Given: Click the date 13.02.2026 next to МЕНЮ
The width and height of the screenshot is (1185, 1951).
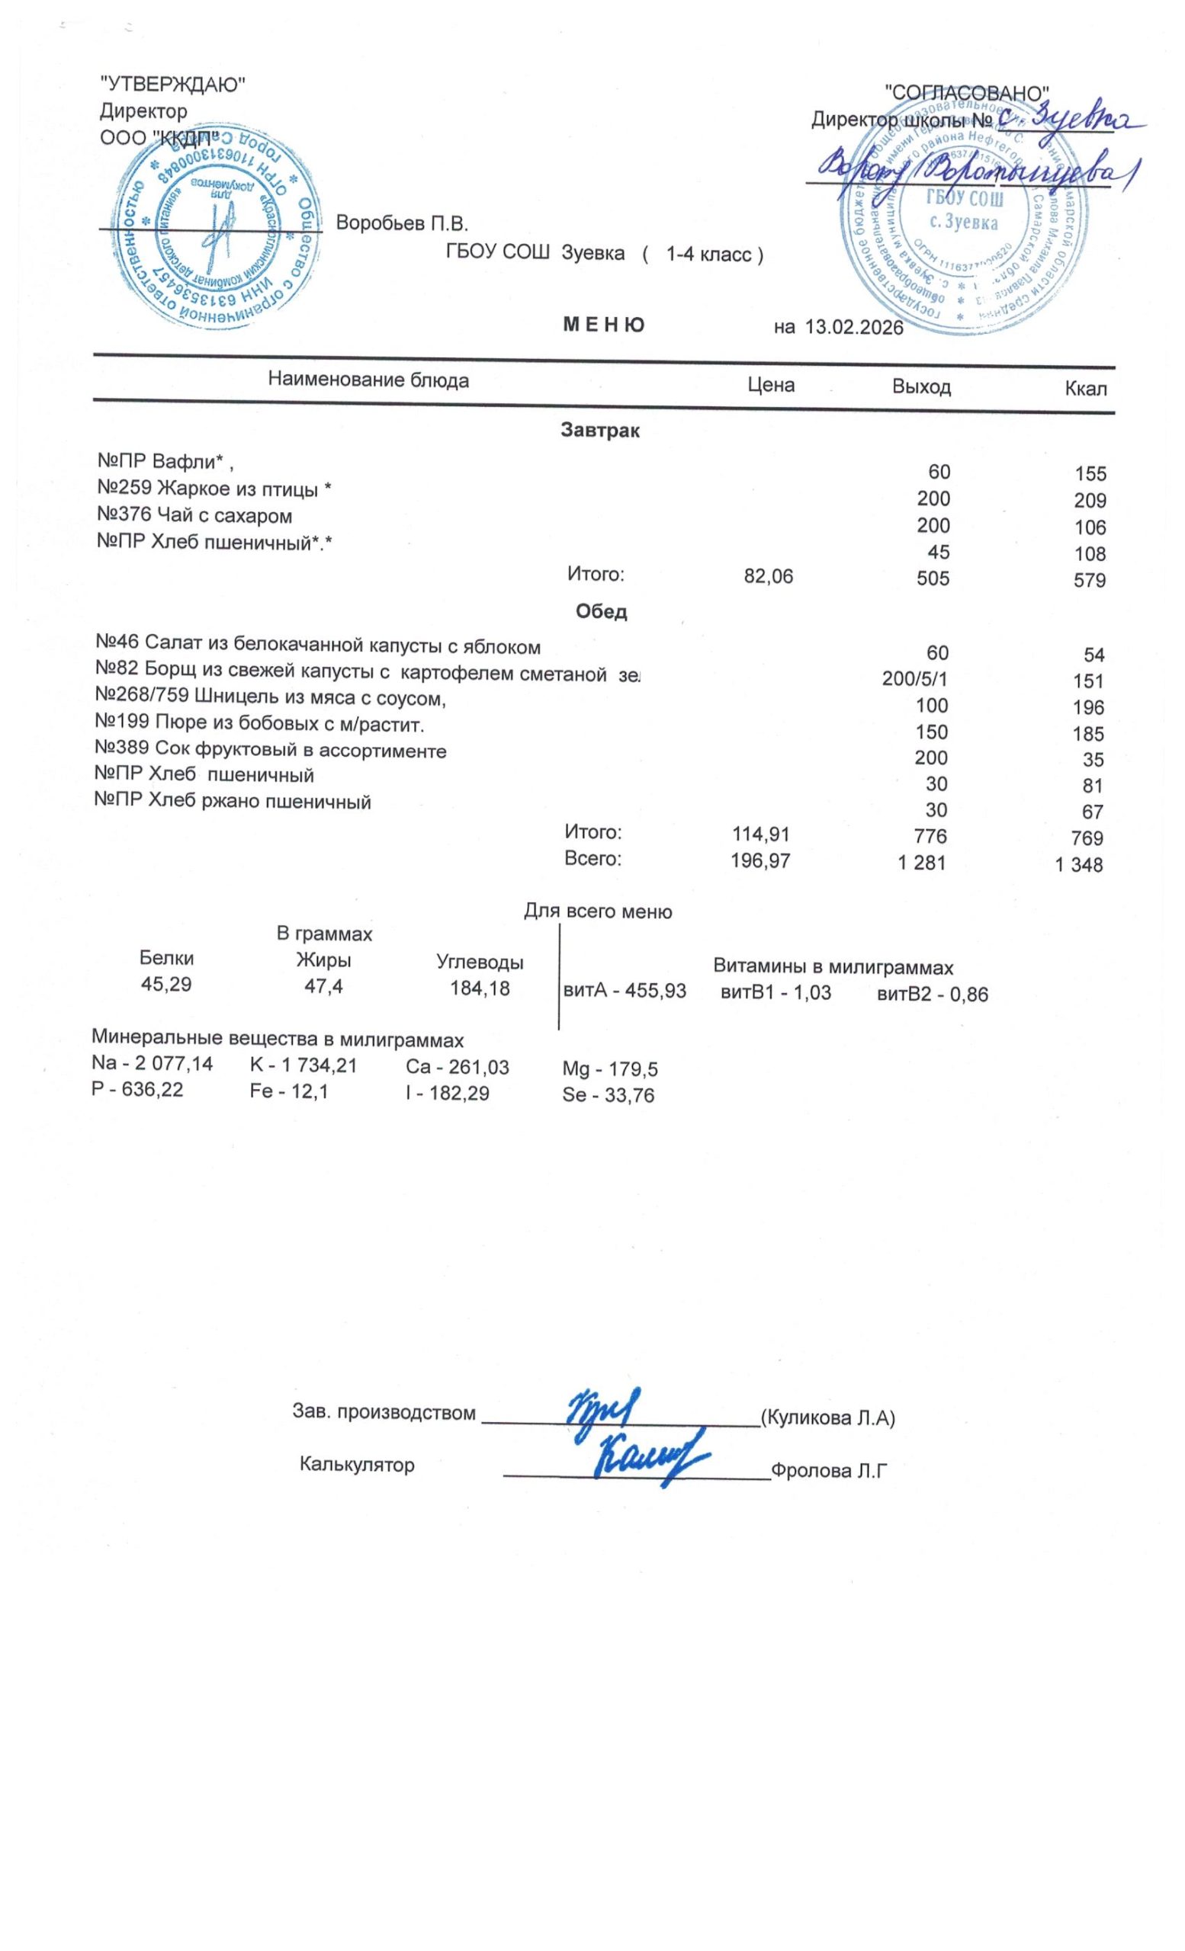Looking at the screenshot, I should (853, 327).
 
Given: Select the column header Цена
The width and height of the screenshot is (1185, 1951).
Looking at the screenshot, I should (771, 385).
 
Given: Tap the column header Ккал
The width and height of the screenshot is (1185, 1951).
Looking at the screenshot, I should (1085, 389).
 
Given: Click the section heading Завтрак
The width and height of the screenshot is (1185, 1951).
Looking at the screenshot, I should (599, 431).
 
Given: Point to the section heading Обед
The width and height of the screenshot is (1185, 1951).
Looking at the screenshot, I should (601, 611).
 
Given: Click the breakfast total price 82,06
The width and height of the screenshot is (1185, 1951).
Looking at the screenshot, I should (768, 577).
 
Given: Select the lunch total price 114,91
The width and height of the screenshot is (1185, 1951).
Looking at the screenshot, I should (759, 834).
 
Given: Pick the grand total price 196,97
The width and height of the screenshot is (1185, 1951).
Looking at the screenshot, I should (759, 860).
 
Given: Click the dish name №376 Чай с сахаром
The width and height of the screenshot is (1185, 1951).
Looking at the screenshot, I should (194, 516).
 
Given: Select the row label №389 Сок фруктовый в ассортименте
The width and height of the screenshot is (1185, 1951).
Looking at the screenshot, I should (270, 750).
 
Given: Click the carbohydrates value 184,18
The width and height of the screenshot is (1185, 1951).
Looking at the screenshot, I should (479, 988).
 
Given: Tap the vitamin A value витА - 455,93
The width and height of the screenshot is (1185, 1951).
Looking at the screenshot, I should (625, 992).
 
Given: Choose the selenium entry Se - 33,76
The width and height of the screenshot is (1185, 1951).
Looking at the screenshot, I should (608, 1096).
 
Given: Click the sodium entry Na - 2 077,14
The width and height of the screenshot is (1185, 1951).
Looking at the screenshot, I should (152, 1063).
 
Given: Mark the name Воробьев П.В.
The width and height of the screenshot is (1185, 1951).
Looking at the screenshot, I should (403, 223).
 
